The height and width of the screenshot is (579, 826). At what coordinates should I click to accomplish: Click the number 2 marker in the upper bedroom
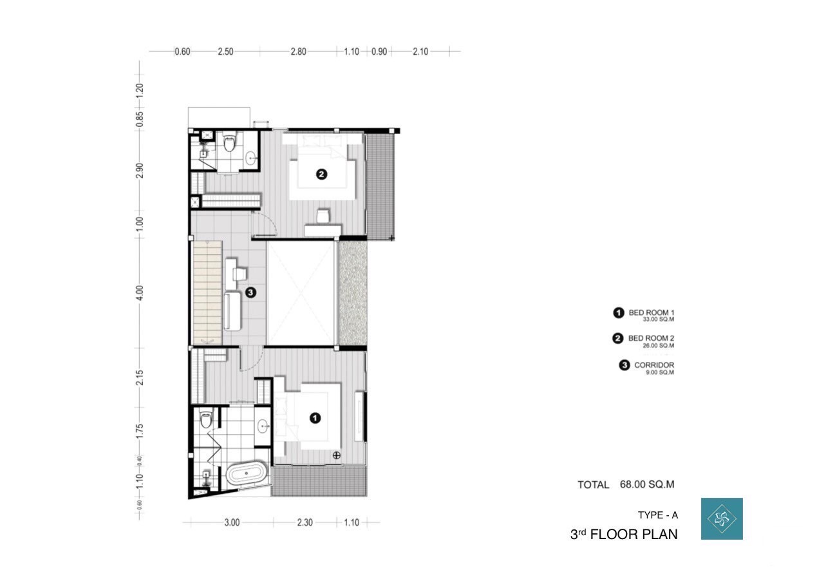click(x=321, y=174)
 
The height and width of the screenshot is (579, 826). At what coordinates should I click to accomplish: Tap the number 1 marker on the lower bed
click(x=315, y=418)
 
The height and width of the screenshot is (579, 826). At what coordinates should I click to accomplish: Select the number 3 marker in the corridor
click(x=250, y=292)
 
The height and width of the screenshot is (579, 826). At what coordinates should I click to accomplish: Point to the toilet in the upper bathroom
click(x=229, y=144)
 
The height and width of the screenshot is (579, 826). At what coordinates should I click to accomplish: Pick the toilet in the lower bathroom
click(x=206, y=418)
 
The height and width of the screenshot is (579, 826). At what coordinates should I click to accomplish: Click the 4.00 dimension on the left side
click(x=140, y=293)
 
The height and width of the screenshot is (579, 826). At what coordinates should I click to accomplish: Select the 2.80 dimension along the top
click(x=298, y=52)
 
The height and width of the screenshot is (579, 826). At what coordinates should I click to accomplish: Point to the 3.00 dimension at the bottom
click(x=232, y=522)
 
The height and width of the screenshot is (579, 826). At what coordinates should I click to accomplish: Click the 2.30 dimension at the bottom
click(x=305, y=522)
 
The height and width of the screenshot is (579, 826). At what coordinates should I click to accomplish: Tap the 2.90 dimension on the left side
click(x=140, y=171)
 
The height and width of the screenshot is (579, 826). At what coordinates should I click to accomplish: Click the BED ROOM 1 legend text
click(x=652, y=312)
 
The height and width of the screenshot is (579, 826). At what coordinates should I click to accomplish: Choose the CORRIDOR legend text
click(x=654, y=365)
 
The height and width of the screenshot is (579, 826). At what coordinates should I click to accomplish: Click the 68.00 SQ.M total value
click(x=647, y=484)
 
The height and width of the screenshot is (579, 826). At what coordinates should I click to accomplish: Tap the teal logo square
click(x=722, y=518)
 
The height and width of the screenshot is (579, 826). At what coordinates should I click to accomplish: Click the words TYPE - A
click(x=658, y=515)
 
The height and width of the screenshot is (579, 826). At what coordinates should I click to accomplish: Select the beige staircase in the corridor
click(x=207, y=293)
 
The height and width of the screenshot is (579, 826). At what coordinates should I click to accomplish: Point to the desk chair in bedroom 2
click(x=323, y=216)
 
